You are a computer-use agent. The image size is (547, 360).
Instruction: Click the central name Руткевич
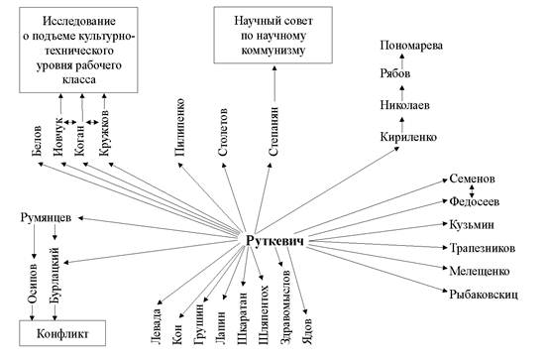(274, 241)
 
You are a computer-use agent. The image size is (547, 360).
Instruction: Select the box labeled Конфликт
(62, 333)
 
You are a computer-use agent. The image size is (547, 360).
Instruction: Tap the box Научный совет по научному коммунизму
(273, 35)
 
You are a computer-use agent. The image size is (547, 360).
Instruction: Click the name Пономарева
(411, 46)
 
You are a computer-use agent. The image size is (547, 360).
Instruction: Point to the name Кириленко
(408, 137)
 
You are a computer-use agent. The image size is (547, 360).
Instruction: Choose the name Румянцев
(46, 218)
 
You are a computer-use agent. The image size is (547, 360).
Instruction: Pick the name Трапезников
(483, 248)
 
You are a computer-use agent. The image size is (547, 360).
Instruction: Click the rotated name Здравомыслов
(285, 306)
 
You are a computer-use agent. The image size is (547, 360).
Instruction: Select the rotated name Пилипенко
(179, 127)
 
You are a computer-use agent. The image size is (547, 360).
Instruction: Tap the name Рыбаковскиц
(484, 295)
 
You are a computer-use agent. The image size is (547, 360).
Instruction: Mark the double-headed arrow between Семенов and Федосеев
(472, 190)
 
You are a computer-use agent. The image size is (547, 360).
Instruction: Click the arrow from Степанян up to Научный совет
(274, 84)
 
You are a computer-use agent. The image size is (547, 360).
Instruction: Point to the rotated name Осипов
(33, 284)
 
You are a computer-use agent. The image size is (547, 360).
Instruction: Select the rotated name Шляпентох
(264, 315)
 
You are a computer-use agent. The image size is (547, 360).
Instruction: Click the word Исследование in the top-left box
(79, 21)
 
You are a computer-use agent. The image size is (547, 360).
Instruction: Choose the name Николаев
(404, 105)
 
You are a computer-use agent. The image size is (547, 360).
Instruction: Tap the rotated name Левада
(157, 325)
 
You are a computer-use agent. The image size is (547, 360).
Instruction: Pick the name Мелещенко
(480, 272)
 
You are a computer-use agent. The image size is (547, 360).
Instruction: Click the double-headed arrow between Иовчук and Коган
(69, 122)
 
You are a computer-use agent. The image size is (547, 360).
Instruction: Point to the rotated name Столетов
(222, 132)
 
